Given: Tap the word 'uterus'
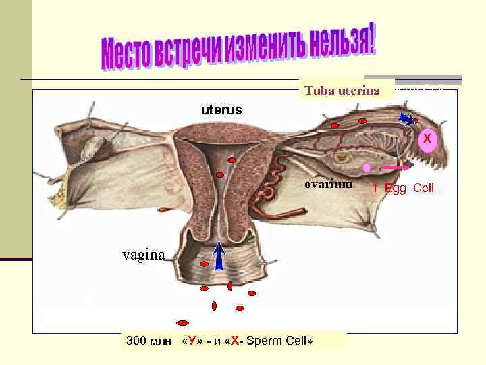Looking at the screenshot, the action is pyautogui.click(x=221, y=109).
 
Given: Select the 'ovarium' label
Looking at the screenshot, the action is pyautogui.click(x=328, y=184).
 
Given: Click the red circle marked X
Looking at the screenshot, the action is pyautogui.click(x=427, y=139).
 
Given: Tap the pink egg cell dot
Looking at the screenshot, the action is pyautogui.click(x=367, y=167).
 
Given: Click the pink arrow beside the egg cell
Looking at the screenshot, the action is pyautogui.click(x=396, y=166).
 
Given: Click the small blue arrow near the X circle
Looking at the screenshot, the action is pyautogui.click(x=406, y=119).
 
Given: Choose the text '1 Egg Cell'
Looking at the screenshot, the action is pyautogui.click(x=403, y=188).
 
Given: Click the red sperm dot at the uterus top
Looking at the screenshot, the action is pyautogui.click(x=232, y=160).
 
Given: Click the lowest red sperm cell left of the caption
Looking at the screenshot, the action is pyautogui.click(x=182, y=322).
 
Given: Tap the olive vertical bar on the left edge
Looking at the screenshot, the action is pyautogui.click(x=16, y=128).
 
